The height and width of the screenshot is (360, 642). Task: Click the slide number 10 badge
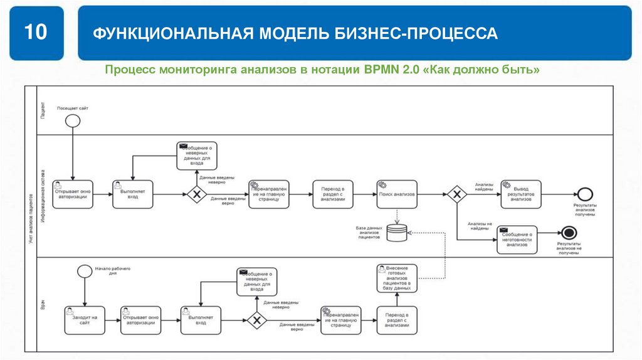point(36,33)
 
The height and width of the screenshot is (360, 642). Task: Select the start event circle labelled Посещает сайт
point(73,120)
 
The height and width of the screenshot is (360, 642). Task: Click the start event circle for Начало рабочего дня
point(85,271)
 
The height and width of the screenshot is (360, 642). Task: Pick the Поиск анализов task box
point(397,194)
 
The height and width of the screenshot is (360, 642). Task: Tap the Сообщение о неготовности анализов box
point(517,240)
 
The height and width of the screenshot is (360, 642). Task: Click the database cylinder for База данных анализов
point(397,233)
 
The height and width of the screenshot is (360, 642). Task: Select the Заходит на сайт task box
point(85,320)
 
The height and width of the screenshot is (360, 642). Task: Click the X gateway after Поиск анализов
point(456,194)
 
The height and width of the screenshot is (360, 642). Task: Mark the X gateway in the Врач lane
point(256,320)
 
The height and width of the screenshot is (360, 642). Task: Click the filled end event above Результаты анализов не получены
point(569,233)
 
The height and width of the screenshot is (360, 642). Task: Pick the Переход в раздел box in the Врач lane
point(397,320)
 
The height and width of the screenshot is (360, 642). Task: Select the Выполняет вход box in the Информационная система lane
point(133,194)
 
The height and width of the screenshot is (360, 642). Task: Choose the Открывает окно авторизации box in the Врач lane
point(142,320)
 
